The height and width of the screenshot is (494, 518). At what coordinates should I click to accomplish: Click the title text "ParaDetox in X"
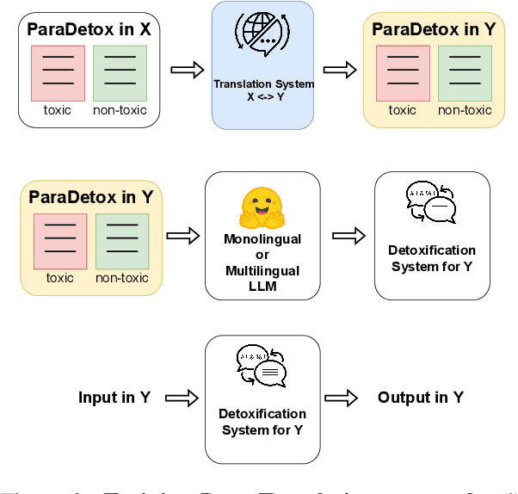click(89, 28)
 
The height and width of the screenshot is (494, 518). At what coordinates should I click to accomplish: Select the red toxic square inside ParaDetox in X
click(58, 73)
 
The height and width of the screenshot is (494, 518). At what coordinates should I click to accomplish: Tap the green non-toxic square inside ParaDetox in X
click(120, 73)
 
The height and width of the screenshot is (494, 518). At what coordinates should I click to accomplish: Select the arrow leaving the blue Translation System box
click(339, 70)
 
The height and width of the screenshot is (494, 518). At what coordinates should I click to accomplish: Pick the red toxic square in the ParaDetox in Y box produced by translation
click(403, 73)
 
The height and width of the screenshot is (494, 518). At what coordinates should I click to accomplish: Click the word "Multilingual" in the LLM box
click(262, 270)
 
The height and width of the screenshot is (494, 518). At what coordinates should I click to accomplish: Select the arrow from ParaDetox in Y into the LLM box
click(182, 236)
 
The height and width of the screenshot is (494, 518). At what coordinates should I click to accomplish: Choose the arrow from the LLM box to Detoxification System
click(347, 236)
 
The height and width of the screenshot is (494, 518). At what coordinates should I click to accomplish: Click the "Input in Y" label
click(114, 398)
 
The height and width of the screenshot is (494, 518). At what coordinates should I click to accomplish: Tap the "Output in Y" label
click(421, 398)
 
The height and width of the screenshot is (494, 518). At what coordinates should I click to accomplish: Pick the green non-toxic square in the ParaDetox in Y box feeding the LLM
click(121, 242)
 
